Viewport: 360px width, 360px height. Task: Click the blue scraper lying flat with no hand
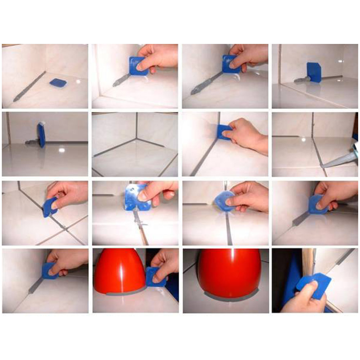[x=58, y=83]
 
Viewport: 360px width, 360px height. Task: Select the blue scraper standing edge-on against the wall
[x=41, y=134]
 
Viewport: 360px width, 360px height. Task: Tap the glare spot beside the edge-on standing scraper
[x=62, y=148]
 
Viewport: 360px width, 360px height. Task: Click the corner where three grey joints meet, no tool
[x=136, y=138]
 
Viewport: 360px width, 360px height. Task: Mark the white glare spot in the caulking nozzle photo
[x=303, y=139]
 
